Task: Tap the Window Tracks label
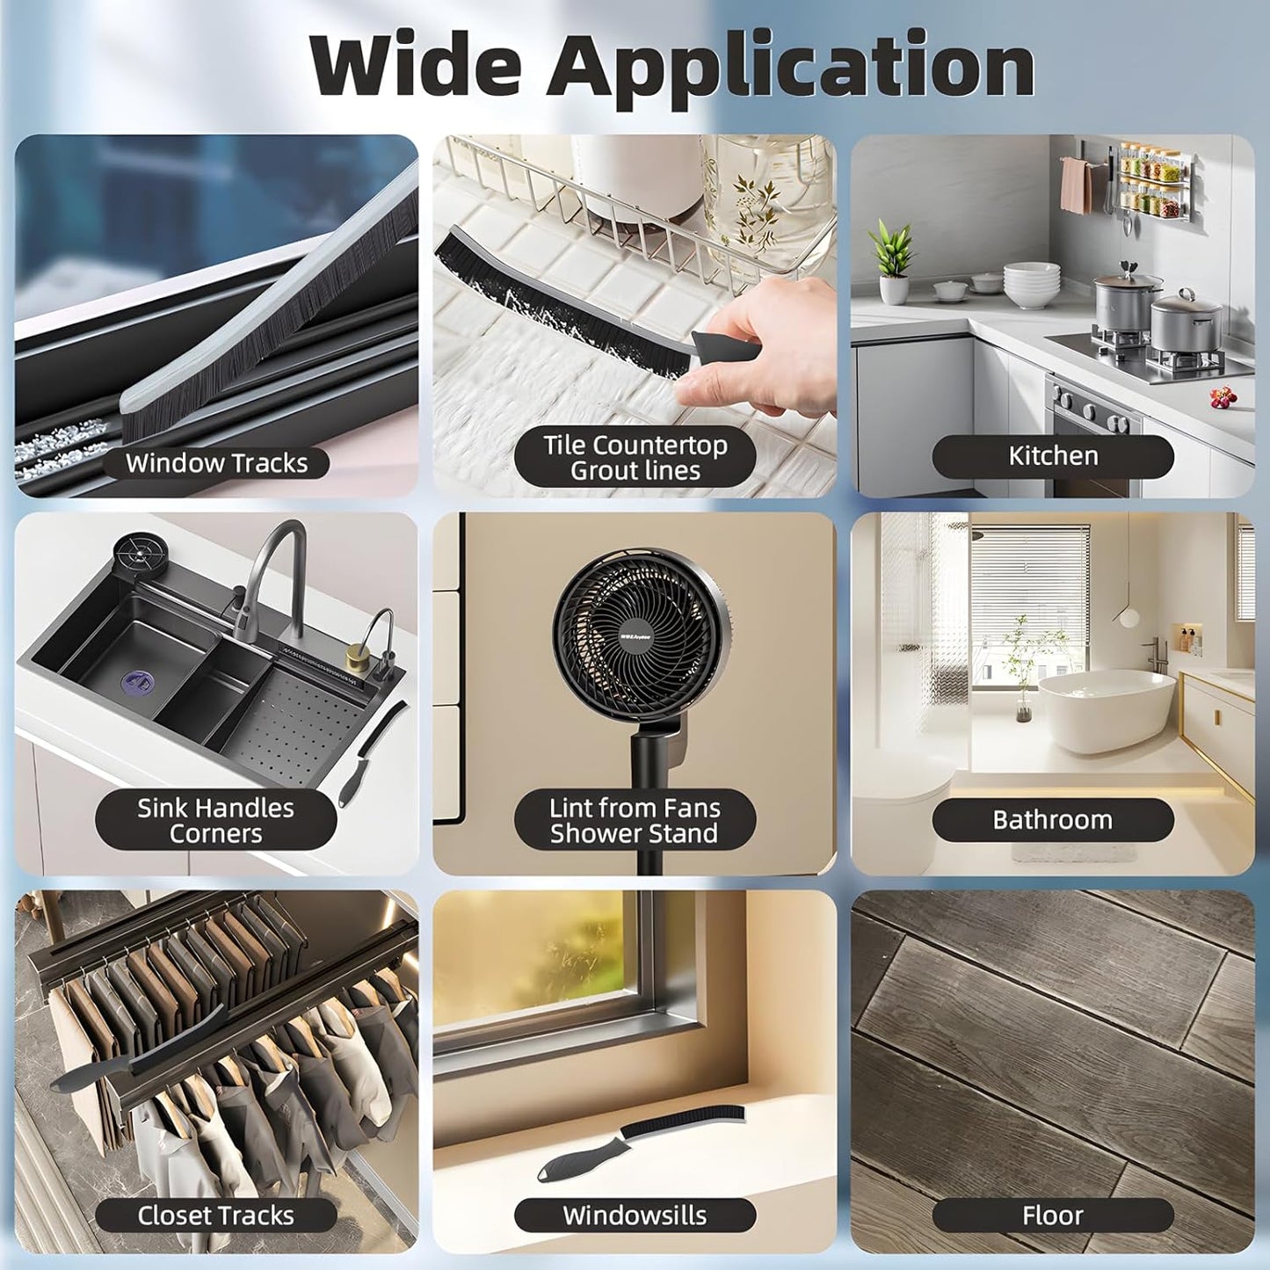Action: pyautogui.click(x=217, y=462)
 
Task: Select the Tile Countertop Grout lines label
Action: pyautogui.click(x=635, y=458)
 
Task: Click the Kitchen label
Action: pyautogui.click(x=1053, y=456)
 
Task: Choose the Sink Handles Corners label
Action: pyautogui.click(x=216, y=821)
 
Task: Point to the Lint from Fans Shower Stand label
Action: pyautogui.click(x=634, y=821)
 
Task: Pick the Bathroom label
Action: pyautogui.click(x=1053, y=820)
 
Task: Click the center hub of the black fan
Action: pyautogui.click(x=631, y=637)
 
